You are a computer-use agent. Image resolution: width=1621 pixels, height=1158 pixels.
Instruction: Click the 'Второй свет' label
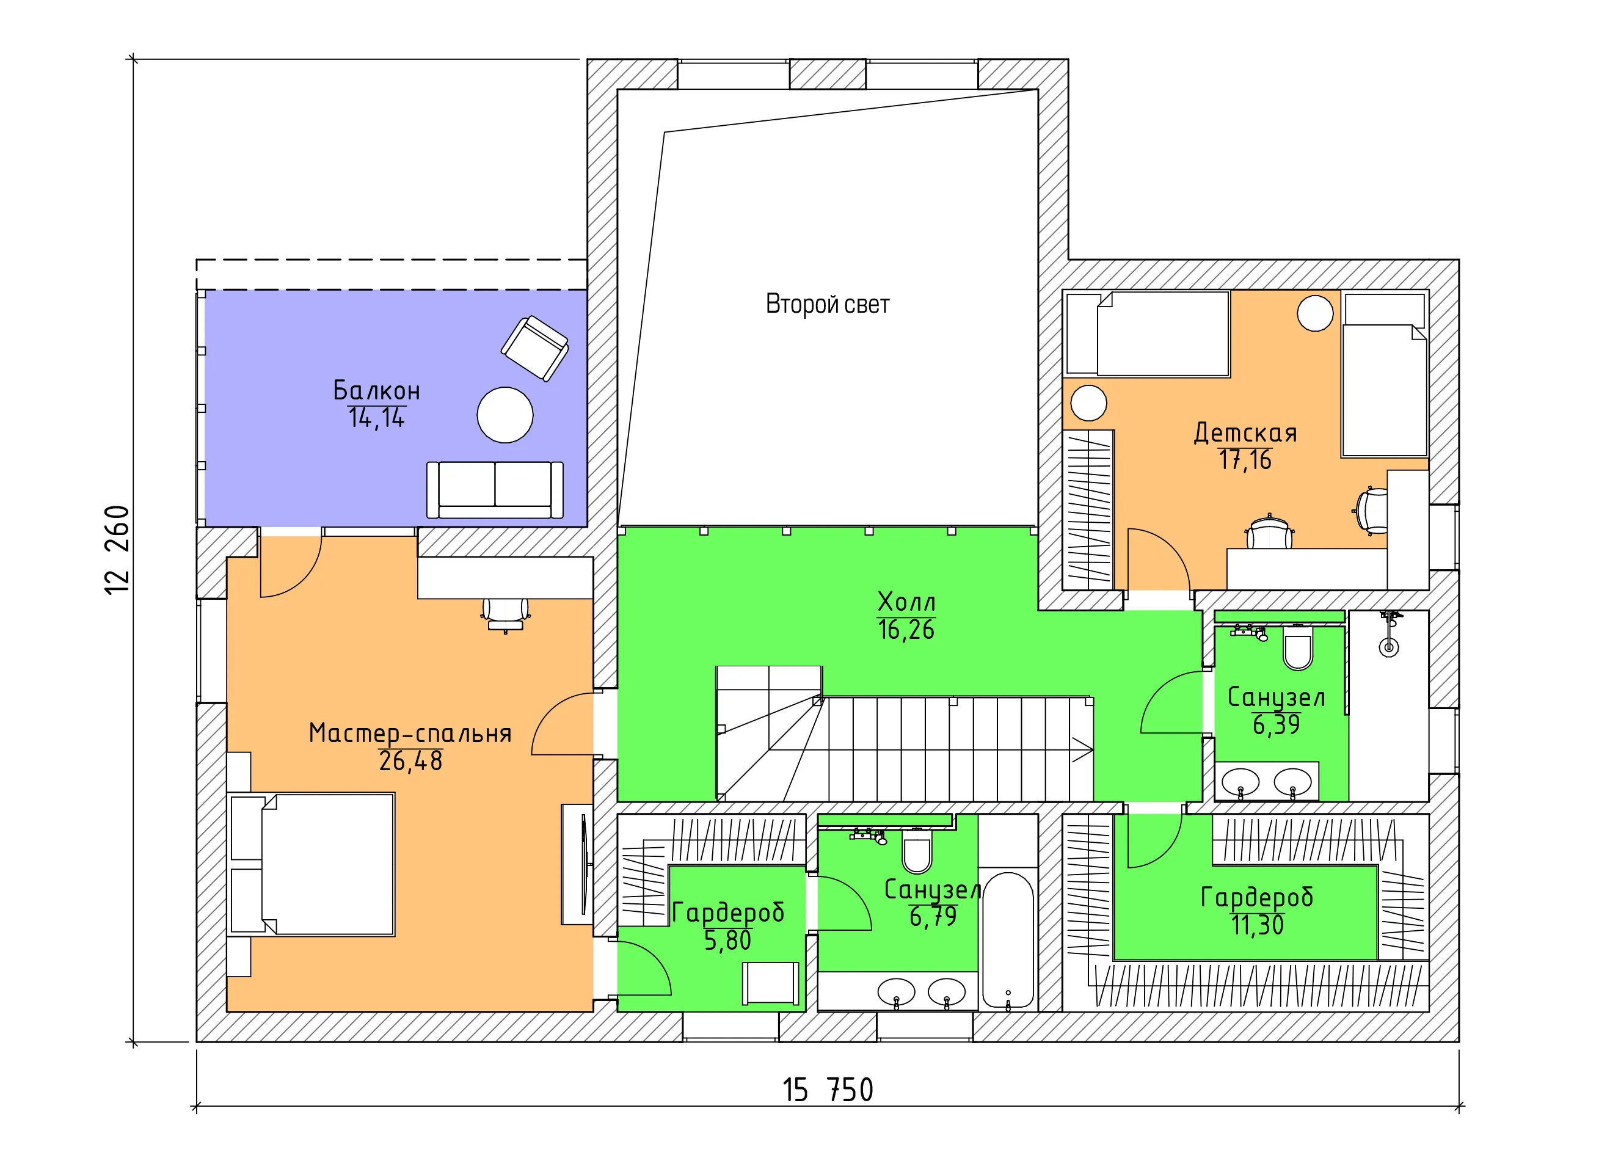click(x=827, y=305)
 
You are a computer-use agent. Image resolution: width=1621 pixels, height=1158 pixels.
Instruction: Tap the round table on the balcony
click(x=505, y=415)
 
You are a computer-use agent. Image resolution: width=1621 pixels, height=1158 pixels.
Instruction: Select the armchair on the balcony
click(x=535, y=349)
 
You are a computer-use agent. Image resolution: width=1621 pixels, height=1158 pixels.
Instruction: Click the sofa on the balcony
click(x=495, y=490)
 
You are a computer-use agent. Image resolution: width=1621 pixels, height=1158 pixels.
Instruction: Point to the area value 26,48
click(x=411, y=761)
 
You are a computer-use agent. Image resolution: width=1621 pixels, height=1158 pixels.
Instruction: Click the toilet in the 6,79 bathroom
click(x=917, y=851)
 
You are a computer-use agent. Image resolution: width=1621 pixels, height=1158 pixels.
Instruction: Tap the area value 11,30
click(x=1258, y=925)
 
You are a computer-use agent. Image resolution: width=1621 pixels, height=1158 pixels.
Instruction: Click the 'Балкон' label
click(x=377, y=390)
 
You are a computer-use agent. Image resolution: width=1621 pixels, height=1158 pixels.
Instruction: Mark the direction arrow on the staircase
click(x=1082, y=749)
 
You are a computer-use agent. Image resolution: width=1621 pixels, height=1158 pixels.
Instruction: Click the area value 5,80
click(x=727, y=941)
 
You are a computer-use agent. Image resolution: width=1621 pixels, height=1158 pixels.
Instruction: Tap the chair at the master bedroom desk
click(x=506, y=614)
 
